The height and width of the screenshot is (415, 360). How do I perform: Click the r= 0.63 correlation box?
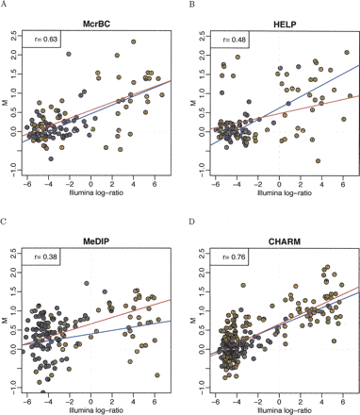[42, 41]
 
